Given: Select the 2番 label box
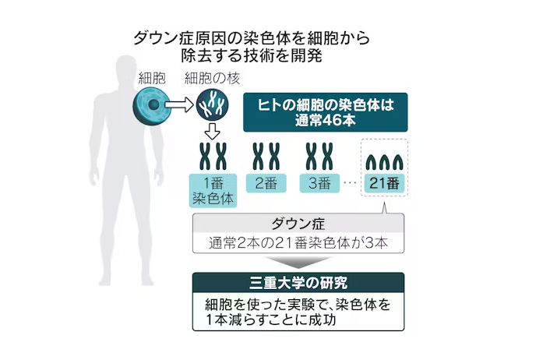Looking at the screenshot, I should (x=266, y=183).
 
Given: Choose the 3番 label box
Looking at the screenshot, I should (x=319, y=183).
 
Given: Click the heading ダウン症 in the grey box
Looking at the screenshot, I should (x=299, y=224).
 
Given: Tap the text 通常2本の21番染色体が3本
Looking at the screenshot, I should (x=299, y=243).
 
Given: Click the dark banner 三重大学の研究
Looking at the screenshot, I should (x=299, y=281).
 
